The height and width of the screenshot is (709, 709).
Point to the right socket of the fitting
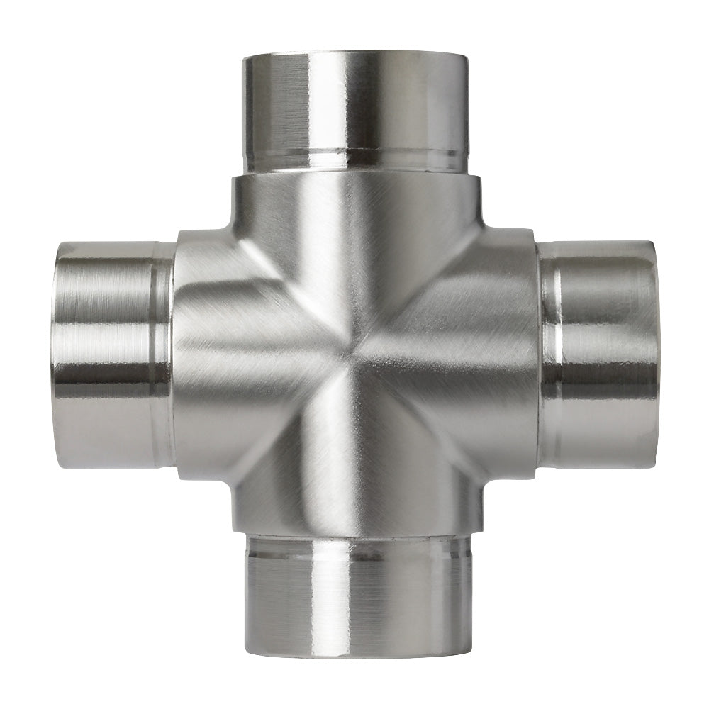tap(599, 354)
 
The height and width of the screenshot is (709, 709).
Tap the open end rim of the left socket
tap(58, 354)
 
